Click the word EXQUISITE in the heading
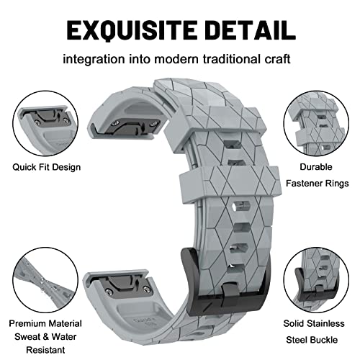pos(132,31)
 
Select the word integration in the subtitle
pos(94,59)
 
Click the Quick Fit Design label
pos(47,167)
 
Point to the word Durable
pos(316,167)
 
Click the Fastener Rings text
pos(318,184)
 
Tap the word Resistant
pos(45,350)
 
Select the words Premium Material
pos(45,323)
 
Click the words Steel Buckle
pos(312,340)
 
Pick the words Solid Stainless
pos(314,323)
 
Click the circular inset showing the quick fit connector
pos(45,124)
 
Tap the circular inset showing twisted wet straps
pos(45,280)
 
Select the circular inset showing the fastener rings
pos(316,124)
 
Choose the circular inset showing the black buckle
pos(316,280)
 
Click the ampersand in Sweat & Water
pos(46,337)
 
